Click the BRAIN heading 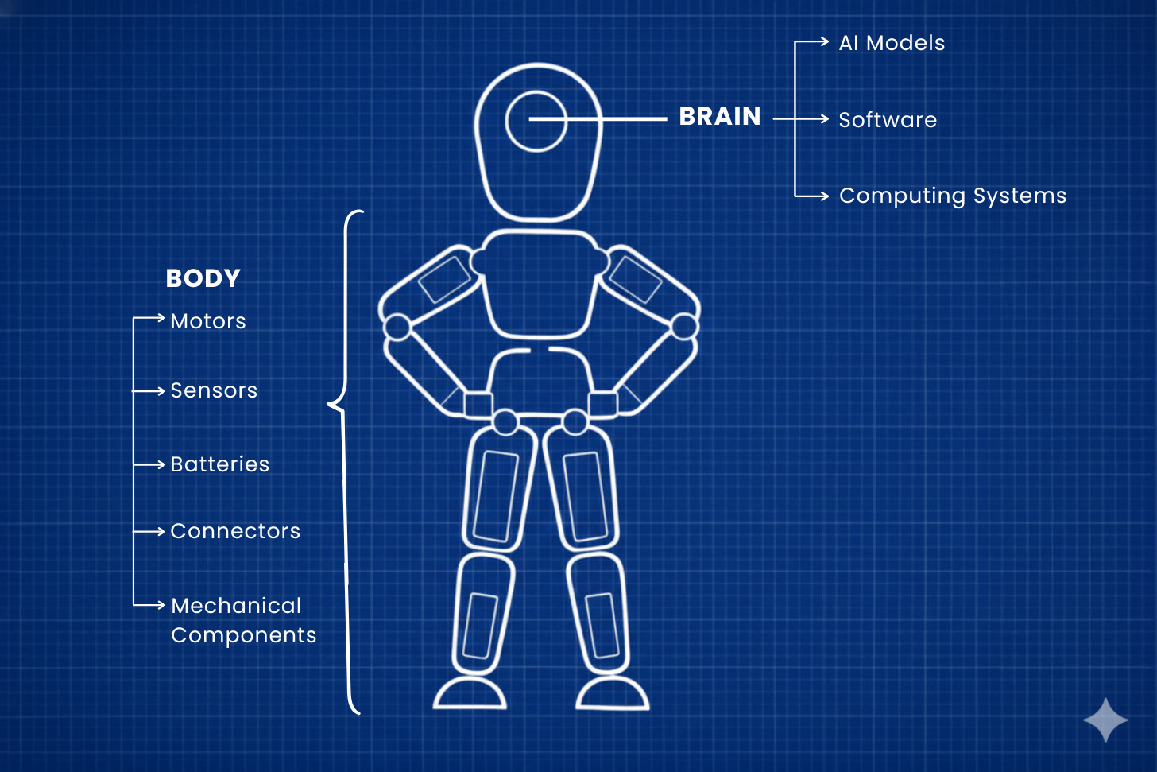point(719,117)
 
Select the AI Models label point(892,43)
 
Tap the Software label point(888,120)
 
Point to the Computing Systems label point(952,196)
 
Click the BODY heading point(203,278)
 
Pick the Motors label point(208,321)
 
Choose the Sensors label point(214,390)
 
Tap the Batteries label point(220,464)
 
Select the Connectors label point(235,531)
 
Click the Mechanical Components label point(243,620)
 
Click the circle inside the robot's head point(536,121)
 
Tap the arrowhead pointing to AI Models point(826,42)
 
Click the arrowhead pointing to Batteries point(161,464)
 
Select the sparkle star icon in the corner point(1105,720)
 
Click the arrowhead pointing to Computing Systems point(826,196)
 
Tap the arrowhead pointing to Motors point(161,318)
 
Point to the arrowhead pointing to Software point(826,119)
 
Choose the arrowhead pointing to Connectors point(161,531)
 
